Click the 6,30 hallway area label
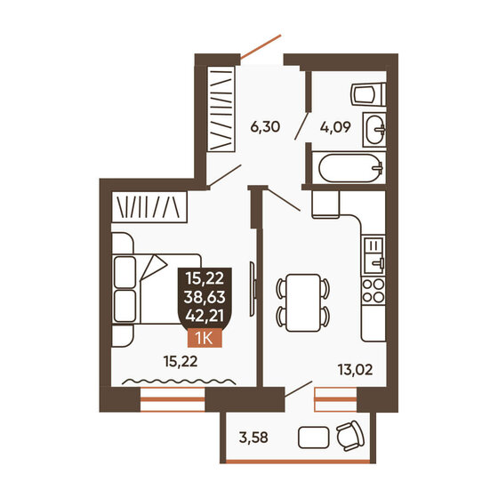point(265,127)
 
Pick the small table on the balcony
point(313,437)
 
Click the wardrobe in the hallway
point(220,111)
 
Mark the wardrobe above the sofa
point(150,207)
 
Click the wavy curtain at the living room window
point(179,382)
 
